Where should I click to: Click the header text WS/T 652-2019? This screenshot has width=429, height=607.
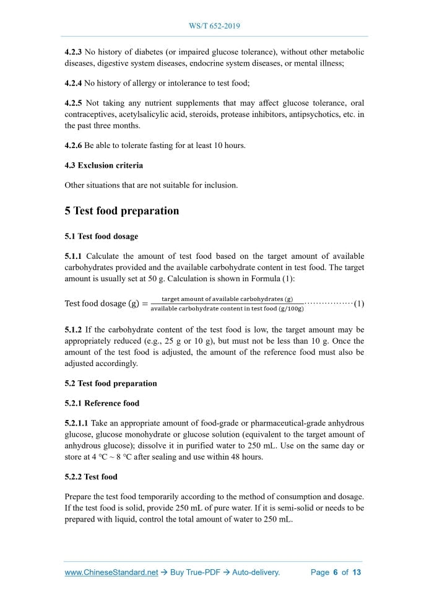click(x=214, y=26)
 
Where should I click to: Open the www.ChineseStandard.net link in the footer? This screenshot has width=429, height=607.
click(x=111, y=572)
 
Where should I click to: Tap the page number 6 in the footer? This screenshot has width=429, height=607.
click(x=335, y=572)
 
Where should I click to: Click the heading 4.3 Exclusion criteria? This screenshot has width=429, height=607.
click(x=103, y=165)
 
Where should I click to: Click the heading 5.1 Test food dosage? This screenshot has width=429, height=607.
click(x=101, y=236)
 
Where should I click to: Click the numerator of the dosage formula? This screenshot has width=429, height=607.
click(x=227, y=299)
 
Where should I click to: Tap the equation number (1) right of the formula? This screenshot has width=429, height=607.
click(x=359, y=303)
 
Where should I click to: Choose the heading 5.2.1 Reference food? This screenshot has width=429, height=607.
click(x=102, y=403)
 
